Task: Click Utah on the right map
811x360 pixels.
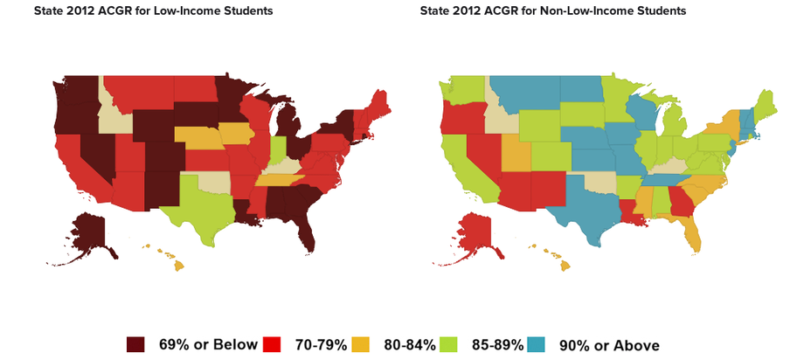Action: (515, 155)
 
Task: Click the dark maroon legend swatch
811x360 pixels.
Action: (135, 344)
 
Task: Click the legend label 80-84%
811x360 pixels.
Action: (410, 344)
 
